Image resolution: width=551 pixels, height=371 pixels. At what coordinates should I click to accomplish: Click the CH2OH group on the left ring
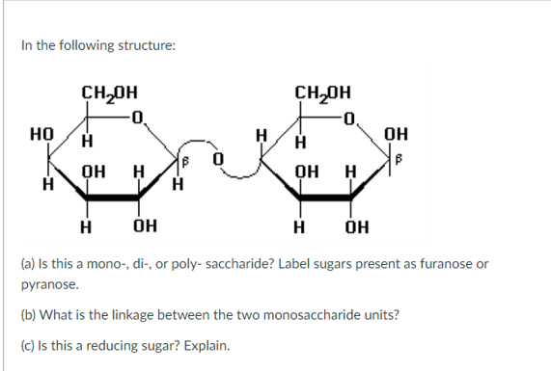(110, 95)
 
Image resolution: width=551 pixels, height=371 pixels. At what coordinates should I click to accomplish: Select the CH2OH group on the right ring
(324, 95)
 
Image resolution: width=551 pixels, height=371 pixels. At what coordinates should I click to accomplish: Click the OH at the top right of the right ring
(395, 134)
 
